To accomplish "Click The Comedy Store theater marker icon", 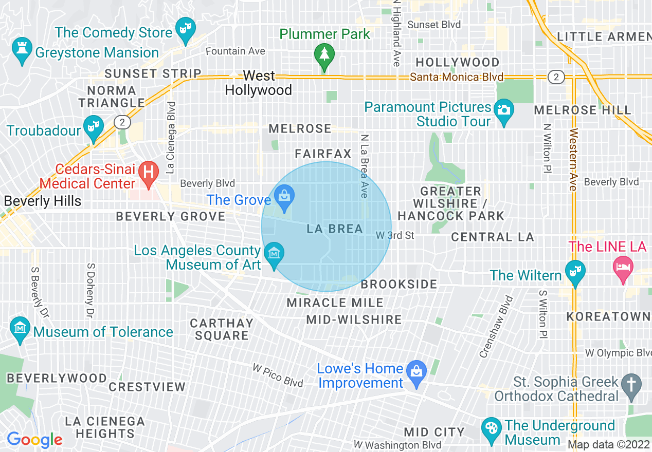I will click(x=185, y=27).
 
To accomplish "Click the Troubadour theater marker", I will click(x=94, y=126).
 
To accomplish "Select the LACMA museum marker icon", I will click(x=274, y=254).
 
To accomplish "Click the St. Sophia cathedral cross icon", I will click(x=631, y=385).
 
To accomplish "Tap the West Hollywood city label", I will click(x=259, y=83).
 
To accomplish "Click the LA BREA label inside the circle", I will click(x=335, y=229).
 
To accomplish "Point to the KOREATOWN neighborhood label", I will click(x=608, y=316).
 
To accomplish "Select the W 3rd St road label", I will click(x=395, y=235).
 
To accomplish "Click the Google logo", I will click(x=34, y=440).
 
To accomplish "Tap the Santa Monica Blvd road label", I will click(x=457, y=77).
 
